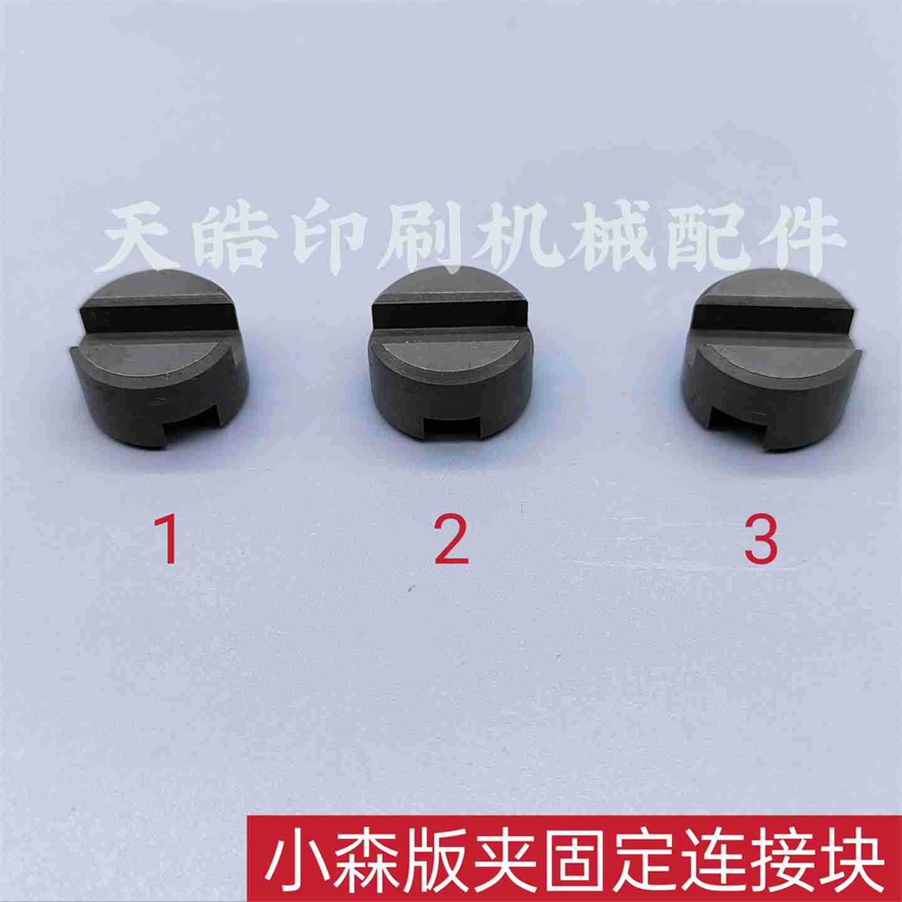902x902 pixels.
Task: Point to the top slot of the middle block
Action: pos(450,319)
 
